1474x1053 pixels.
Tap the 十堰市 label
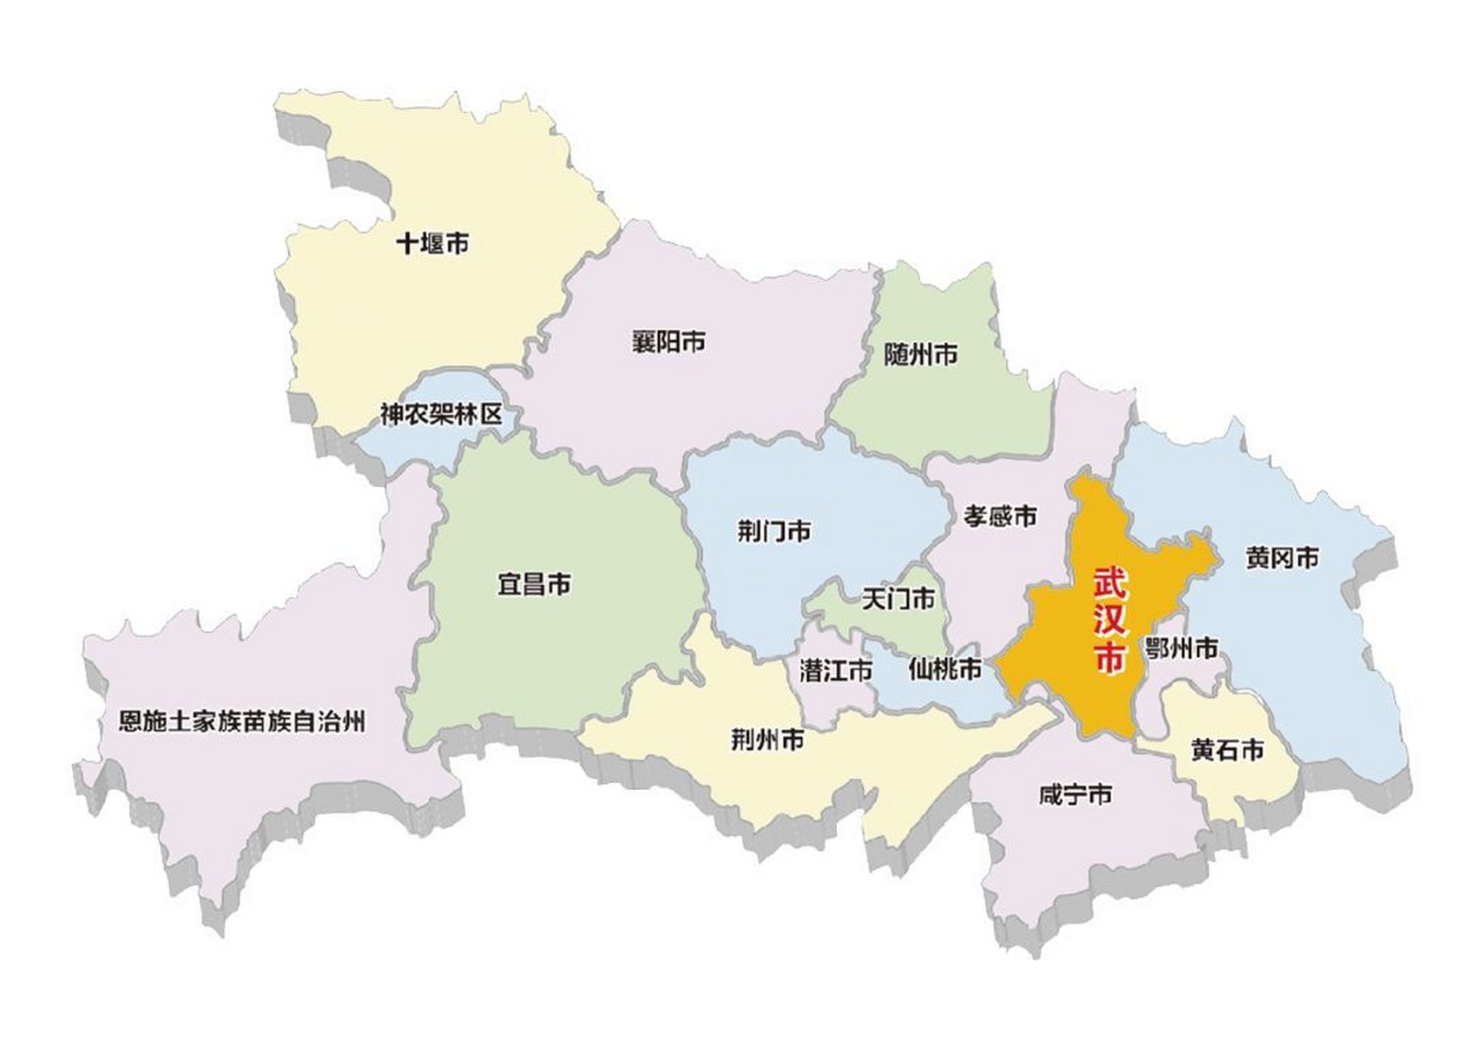433,244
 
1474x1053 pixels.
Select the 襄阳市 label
668,341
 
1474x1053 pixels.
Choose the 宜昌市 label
534,586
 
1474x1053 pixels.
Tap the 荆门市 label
774,531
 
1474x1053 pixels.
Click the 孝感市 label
1000,516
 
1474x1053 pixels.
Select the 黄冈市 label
1282,559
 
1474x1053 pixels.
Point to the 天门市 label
898,599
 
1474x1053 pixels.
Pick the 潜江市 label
836,671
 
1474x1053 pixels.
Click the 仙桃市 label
946,670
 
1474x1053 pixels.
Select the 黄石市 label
1227,750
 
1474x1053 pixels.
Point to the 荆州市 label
768,741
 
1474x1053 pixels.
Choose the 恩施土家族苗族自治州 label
242,722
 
